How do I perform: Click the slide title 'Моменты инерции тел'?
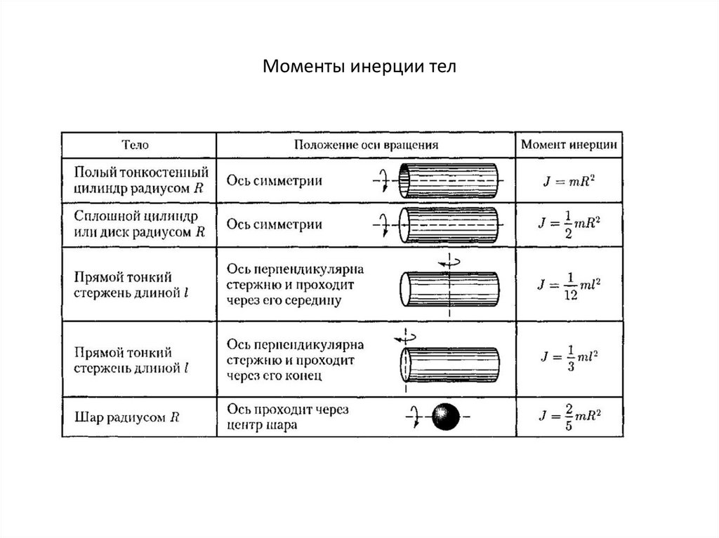(359, 67)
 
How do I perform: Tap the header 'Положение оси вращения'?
(366, 144)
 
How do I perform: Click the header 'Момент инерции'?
(569, 144)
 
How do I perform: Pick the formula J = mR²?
(569, 181)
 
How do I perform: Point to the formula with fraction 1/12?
(569, 285)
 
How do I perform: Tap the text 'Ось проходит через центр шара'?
(287, 416)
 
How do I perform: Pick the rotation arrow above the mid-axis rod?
(449, 261)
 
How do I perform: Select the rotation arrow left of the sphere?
(413, 417)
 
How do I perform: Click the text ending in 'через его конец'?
(295, 360)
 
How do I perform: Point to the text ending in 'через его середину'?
(295, 285)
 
